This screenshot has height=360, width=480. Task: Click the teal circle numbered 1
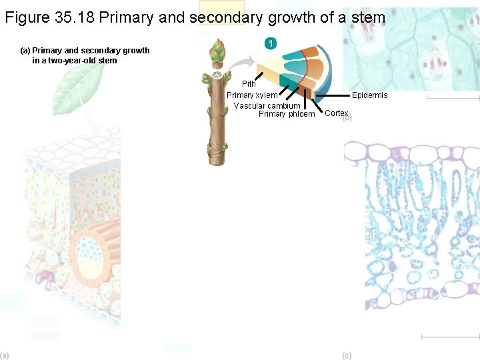(x=270, y=44)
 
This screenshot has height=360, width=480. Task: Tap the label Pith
(x=249, y=84)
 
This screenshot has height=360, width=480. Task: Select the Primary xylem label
(x=252, y=95)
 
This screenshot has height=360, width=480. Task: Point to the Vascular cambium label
(x=267, y=106)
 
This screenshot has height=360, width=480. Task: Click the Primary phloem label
(x=287, y=114)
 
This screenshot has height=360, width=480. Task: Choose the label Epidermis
(x=369, y=95)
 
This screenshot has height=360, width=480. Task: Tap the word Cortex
(x=336, y=113)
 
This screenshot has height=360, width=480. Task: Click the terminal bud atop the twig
(x=217, y=51)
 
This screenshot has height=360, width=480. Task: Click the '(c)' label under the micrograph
(x=347, y=355)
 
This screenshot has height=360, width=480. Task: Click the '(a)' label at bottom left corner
(x=5, y=355)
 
